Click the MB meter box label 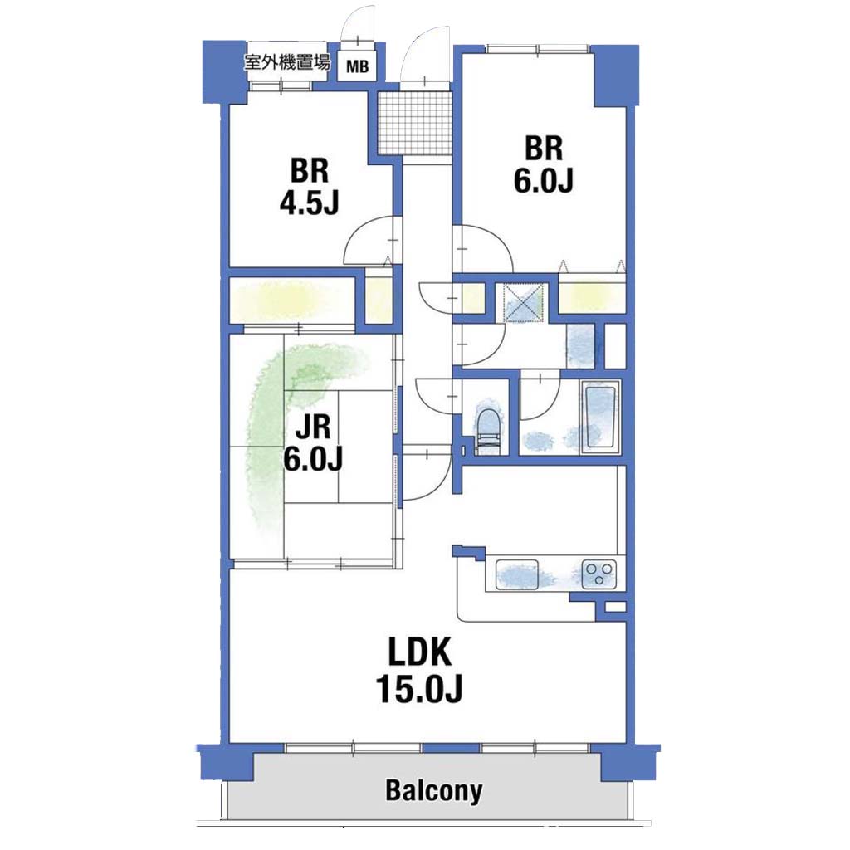click(357, 66)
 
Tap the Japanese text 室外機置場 click(286, 62)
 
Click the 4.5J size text click(309, 203)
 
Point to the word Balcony click(433, 791)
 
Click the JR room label click(313, 427)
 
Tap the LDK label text click(419, 652)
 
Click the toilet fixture click(490, 427)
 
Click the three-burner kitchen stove click(598, 574)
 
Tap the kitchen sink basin click(516, 574)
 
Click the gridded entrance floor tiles click(415, 123)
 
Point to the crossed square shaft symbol click(523, 302)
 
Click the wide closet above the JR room click(291, 300)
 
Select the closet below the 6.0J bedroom click(592, 296)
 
